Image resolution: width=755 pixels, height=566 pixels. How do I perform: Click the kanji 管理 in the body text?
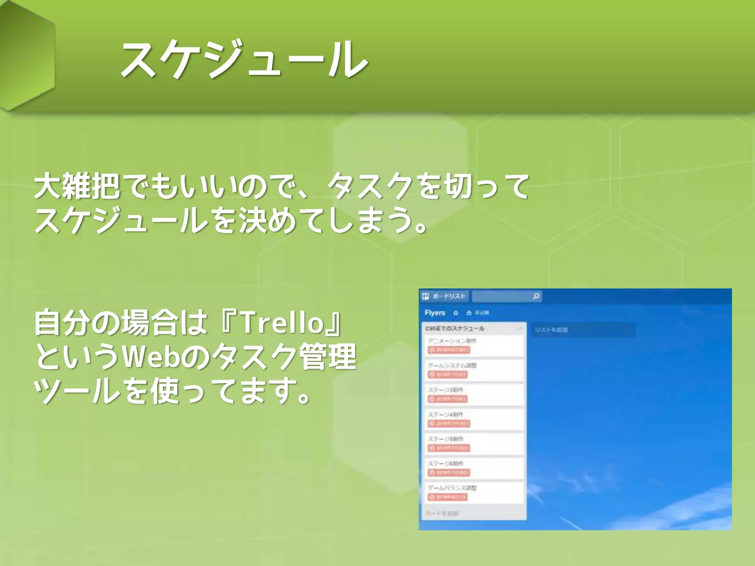pyautogui.click(x=328, y=357)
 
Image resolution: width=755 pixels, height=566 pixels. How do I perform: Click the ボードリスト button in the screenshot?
pyautogui.click(x=445, y=296)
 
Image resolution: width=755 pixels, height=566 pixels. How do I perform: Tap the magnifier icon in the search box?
pyautogui.click(x=536, y=296)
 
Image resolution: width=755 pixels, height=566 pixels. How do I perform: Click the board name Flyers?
pyautogui.click(x=435, y=313)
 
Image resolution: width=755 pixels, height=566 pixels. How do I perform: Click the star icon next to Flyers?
pyautogui.click(x=456, y=313)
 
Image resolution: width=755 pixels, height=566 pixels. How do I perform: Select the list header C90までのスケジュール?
pyautogui.click(x=455, y=328)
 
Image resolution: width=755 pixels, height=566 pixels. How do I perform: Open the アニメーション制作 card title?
pyautogui.click(x=452, y=341)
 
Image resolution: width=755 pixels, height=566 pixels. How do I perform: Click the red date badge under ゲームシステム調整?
pyautogui.click(x=448, y=374)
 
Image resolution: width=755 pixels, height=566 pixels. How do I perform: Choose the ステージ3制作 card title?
pyautogui.click(x=445, y=390)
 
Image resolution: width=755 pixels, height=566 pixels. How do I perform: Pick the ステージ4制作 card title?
pyautogui.click(x=445, y=415)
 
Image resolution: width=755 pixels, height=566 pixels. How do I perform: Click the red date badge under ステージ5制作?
pyautogui.click(x=448, y=448)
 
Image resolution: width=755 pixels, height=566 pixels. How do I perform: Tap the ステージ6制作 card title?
pyautogui.click(x=445, y=464)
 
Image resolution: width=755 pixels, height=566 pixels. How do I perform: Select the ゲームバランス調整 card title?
pyautogui.click(x=452, y=488)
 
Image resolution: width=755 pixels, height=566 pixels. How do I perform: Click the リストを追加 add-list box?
pyautogui.click(x=582, y=330)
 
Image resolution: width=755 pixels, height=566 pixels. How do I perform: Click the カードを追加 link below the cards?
pyautogui.click(x=442, y=513)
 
